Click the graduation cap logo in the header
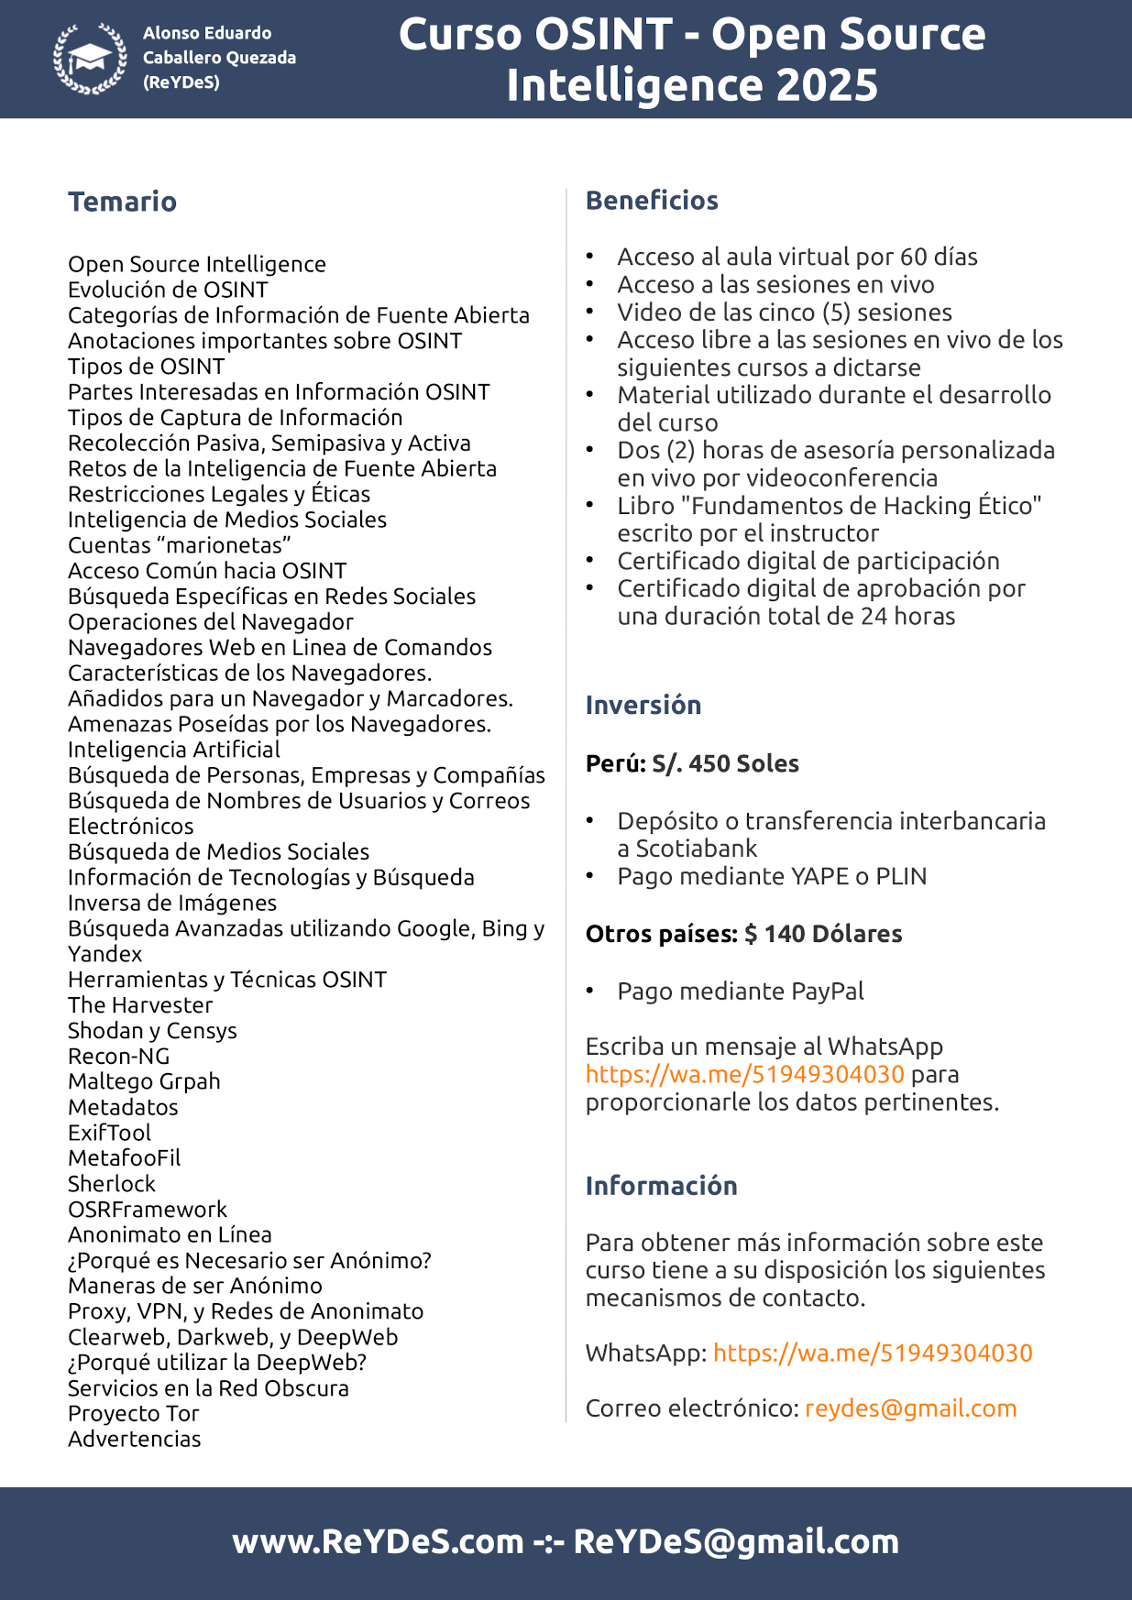click(x=90, y=59)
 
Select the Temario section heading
click(x=122, y=202)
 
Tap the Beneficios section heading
click(x=652, y=201)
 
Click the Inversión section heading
click(x=643, y=706)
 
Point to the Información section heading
click(x=661, y=1186)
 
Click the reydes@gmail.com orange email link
click(x=910, y=1408)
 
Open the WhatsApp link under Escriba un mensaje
click(x=744, y=1074)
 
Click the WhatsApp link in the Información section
click(x=872, y=1353)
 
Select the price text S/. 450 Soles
click(x=725, y=764)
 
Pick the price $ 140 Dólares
click(x=822, y=935)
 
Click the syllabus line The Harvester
click(x=140, y=1005)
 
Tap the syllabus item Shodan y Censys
click(x=152, y=1031)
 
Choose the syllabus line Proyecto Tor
click(x=134, y=1414)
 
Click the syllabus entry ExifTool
click(x=109, y=1134)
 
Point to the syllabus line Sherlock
click(x=112, y=1184)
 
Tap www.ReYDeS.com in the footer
click(x=378, y=1542)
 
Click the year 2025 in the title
click(x=827, y=85)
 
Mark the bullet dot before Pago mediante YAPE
click(x=591, y=876)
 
